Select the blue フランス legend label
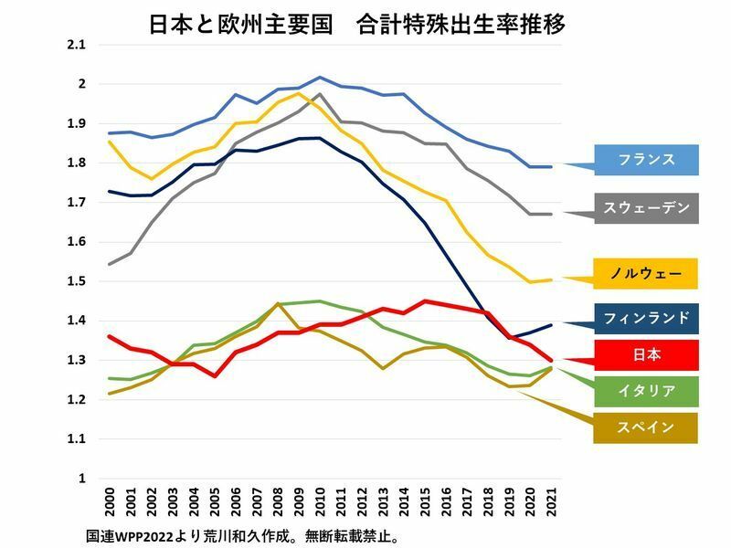tap(646, 159)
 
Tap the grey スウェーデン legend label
tap(646, 208)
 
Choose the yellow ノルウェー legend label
tap(646, 272)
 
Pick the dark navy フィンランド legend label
tap(646, 319)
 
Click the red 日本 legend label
tap(646, 356)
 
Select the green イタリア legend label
tap(646, 391)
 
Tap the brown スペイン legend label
tap(646, 427)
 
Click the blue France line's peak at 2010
tap(319, 78)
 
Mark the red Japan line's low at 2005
tap(215, 376)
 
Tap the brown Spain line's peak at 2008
tap(277, 303)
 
